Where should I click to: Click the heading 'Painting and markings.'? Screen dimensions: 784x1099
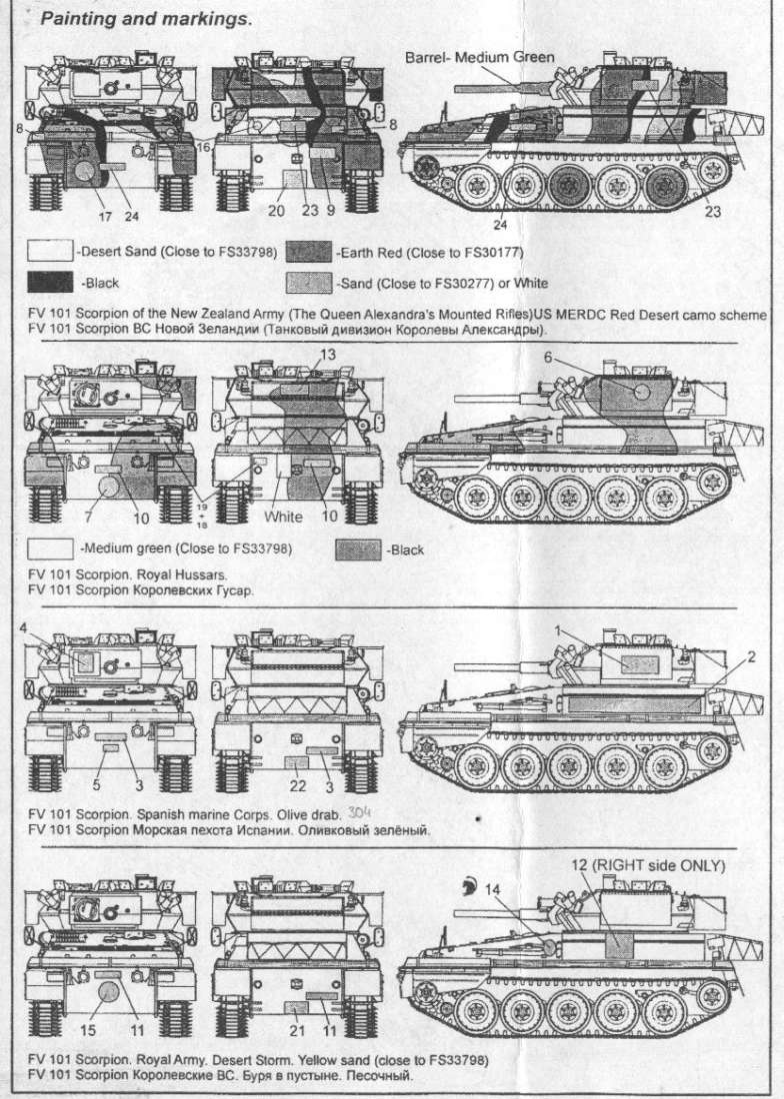146,19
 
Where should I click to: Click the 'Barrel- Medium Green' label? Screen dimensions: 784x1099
480,58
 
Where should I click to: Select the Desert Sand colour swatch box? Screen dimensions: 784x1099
50,251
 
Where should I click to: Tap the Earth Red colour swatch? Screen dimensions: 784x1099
309,252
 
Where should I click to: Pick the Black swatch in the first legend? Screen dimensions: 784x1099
50,282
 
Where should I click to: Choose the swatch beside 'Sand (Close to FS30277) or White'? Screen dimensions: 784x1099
309,283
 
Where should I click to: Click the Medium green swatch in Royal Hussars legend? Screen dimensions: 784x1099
50,549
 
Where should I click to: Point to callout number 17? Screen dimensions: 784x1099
104,217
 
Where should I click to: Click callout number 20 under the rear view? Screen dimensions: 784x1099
276,210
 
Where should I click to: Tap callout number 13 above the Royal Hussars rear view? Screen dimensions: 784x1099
328,355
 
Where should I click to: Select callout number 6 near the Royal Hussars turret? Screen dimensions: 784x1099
548,358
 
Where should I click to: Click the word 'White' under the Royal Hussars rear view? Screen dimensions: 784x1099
283,518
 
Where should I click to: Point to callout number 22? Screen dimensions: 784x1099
298,786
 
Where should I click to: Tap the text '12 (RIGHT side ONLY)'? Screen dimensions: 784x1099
648,865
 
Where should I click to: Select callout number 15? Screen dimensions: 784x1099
88,1030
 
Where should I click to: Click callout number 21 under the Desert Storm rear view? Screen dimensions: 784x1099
297,1030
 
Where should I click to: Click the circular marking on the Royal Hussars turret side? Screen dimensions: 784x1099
642,392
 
